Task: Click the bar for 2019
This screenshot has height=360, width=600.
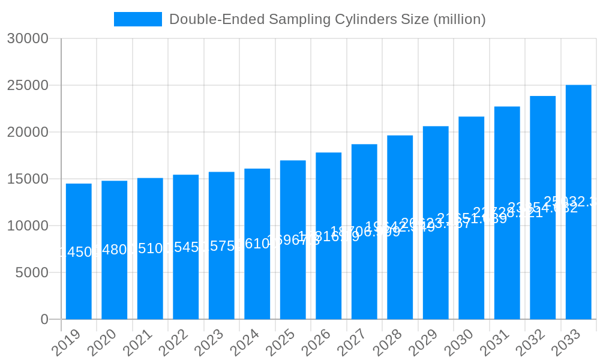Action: (79, 251)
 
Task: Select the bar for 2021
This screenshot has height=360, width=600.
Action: (150, 248)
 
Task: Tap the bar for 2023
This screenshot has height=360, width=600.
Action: (221, 245)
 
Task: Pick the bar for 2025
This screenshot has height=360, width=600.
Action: (293, 240)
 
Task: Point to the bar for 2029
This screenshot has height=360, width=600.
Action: (436, 223)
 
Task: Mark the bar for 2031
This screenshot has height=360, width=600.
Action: (507, 213)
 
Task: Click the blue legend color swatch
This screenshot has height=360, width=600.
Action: (138, 19)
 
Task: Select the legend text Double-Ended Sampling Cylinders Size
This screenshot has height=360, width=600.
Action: (327, 19)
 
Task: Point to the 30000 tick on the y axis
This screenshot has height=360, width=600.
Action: (28, 38)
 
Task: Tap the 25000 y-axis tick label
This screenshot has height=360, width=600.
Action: (28, 85)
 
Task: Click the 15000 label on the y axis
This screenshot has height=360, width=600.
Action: (28, 179)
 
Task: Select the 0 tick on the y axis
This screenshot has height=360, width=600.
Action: (44, 319)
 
